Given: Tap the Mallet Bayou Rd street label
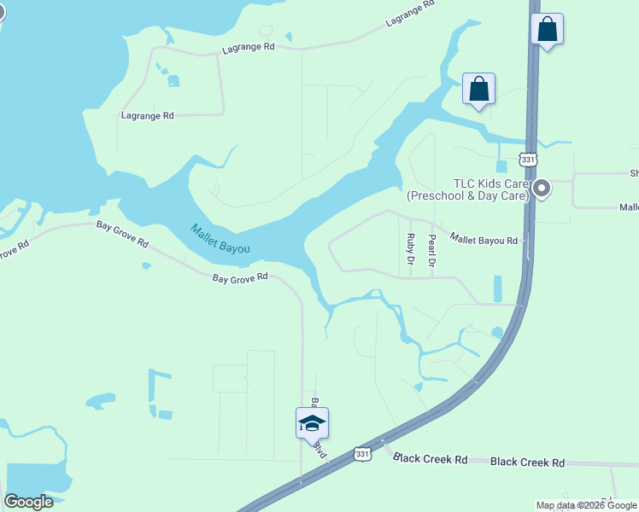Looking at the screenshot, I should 484,241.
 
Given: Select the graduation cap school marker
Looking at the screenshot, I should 312,422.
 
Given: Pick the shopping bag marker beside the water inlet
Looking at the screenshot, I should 479,89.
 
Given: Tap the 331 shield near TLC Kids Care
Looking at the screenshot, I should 528,160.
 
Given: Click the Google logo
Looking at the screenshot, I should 28,501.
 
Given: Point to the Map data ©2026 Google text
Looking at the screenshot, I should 586,505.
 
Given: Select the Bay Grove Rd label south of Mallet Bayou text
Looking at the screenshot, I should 240,277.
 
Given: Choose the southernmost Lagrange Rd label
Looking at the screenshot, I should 147,115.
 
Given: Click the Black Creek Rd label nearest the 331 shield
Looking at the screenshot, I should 431,459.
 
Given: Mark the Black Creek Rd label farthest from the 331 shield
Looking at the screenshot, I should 527,463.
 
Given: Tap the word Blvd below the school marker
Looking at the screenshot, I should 319,448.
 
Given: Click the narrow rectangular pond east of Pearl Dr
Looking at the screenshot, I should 498,288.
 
